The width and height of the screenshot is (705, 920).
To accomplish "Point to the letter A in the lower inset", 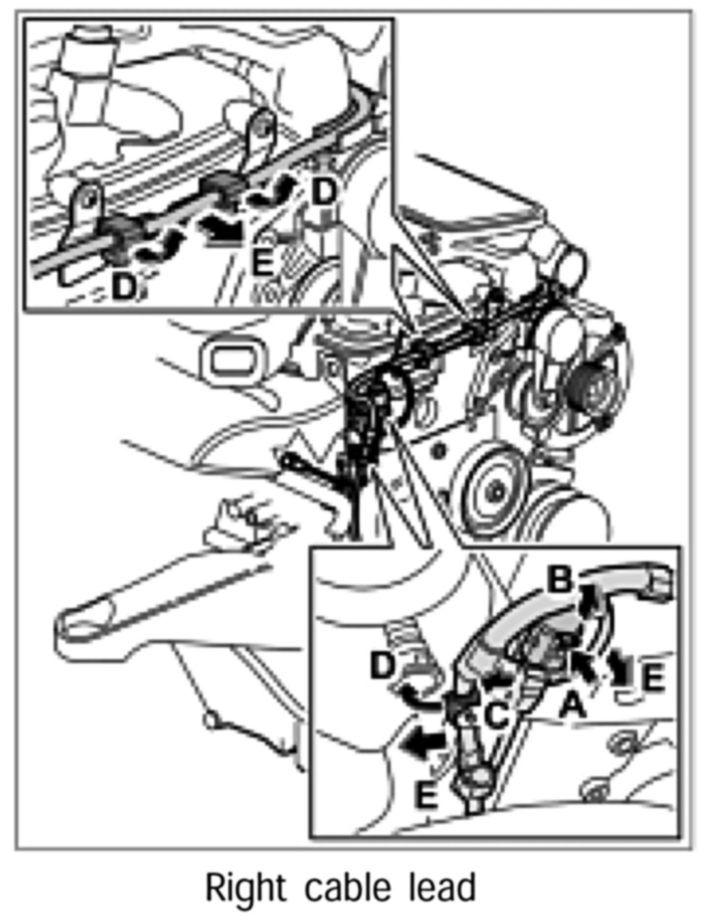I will coord(572,705).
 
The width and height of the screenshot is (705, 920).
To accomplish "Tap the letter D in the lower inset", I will coord(383,666).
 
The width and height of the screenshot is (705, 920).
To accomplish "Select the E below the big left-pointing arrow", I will coord(426,796).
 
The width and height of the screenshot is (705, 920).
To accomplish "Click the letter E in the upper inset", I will coord(262,264).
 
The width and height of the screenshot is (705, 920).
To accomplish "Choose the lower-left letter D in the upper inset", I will coord(123,288).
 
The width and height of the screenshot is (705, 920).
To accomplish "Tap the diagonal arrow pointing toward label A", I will coord(585,667).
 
